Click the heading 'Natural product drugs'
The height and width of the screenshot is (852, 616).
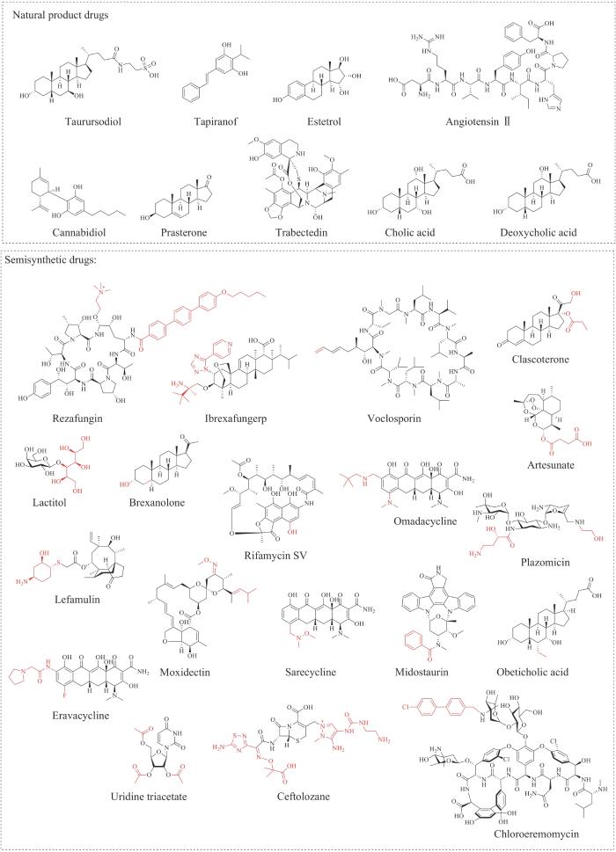coord(55,16)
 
